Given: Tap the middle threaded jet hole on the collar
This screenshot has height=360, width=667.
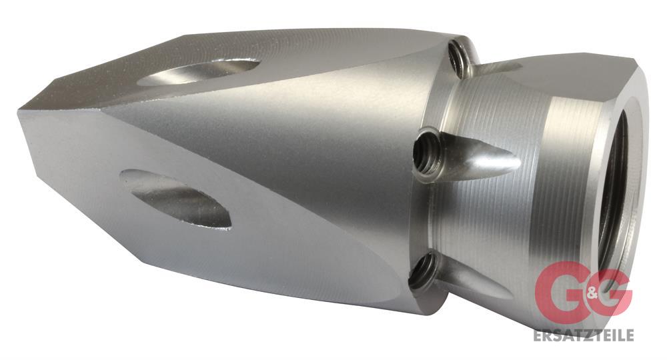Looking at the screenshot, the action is point(427,156).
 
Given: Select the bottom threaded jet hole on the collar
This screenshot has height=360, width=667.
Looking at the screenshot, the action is point(422,271).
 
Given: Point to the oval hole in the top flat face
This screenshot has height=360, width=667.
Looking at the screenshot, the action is point(199,72).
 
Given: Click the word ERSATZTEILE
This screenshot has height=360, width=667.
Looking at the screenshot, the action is point(584,335).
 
